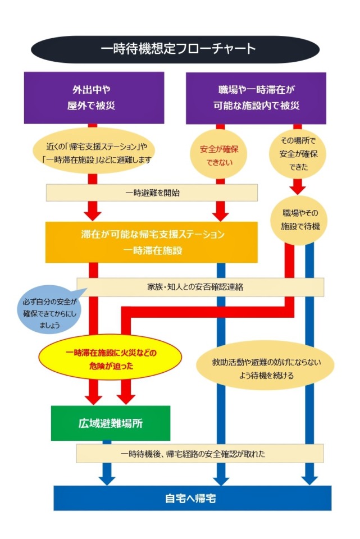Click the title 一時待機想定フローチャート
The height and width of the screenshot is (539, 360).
[x=179, y=49]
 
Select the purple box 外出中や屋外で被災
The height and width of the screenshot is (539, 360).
[x=94, y=97]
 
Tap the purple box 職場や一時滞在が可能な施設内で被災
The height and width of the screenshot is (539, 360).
[x=256, y=97]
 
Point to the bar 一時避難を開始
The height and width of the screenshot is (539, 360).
[x=152, y=193]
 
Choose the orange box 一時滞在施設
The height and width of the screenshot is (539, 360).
[x=152, y=242]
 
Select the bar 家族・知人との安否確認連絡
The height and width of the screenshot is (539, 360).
[x=200, y=286]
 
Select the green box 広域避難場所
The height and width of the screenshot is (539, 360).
[x=110, y=423]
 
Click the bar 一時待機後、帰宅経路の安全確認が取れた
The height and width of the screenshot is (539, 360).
[x=200, y=453]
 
